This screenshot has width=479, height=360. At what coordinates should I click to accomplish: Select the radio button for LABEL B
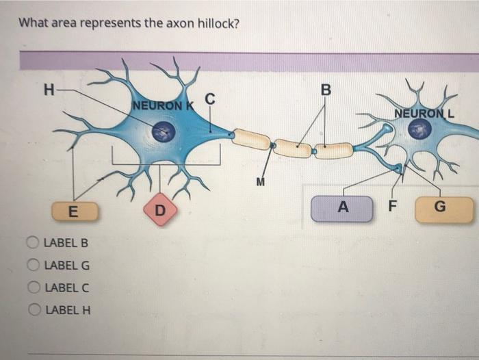32,242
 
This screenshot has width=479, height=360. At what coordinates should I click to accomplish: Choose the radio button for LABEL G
32,265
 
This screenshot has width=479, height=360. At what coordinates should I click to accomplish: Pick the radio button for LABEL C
32,287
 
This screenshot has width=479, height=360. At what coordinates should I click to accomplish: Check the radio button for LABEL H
32,310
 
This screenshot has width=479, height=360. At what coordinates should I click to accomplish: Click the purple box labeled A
342,208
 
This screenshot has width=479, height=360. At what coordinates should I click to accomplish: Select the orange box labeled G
444,209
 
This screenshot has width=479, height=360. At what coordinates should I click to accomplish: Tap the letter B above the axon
325,90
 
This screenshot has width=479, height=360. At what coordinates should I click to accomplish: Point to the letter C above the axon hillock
211,100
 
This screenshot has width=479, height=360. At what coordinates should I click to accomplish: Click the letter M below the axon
259,182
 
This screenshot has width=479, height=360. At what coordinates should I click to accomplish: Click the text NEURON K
162,105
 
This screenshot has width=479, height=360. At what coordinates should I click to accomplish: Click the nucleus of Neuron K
164,131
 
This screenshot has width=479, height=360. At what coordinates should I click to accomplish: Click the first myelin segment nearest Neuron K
251,139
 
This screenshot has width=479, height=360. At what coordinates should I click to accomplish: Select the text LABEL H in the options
67,310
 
